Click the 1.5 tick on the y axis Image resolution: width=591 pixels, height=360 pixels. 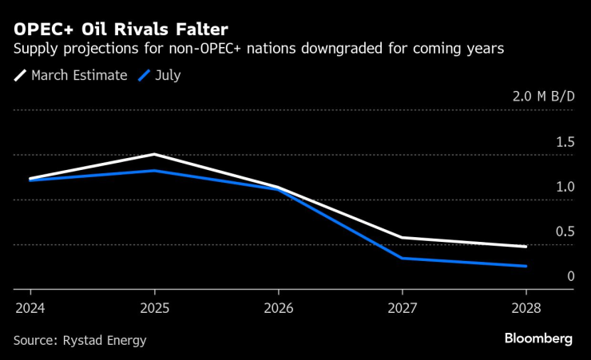(x=565, y=142)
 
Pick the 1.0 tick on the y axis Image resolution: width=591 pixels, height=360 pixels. (x=565, y=187)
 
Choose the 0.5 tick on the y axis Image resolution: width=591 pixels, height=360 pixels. (x=565, y=231)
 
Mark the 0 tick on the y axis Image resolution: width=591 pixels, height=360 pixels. (x=570, y=276)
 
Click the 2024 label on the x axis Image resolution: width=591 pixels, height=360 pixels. (x=30, y=307)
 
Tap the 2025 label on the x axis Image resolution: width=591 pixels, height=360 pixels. (x=154, y=307)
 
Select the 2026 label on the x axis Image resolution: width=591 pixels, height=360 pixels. (x=278, y=307)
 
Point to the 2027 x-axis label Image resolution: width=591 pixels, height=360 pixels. (x=402, y=307)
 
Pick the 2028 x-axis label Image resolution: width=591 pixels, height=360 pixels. (x=526, y=307)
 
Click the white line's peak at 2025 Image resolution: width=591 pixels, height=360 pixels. (x=154, y=154)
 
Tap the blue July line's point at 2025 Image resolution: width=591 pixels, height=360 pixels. (x=154, y=171)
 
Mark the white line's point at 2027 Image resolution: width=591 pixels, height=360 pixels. (x=402, y=237)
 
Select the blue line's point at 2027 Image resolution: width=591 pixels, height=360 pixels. (x=402, y=258)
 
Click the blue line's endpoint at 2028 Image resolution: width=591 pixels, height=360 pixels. (x=526, y=266)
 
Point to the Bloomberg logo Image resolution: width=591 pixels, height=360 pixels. (x=538, y=338)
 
